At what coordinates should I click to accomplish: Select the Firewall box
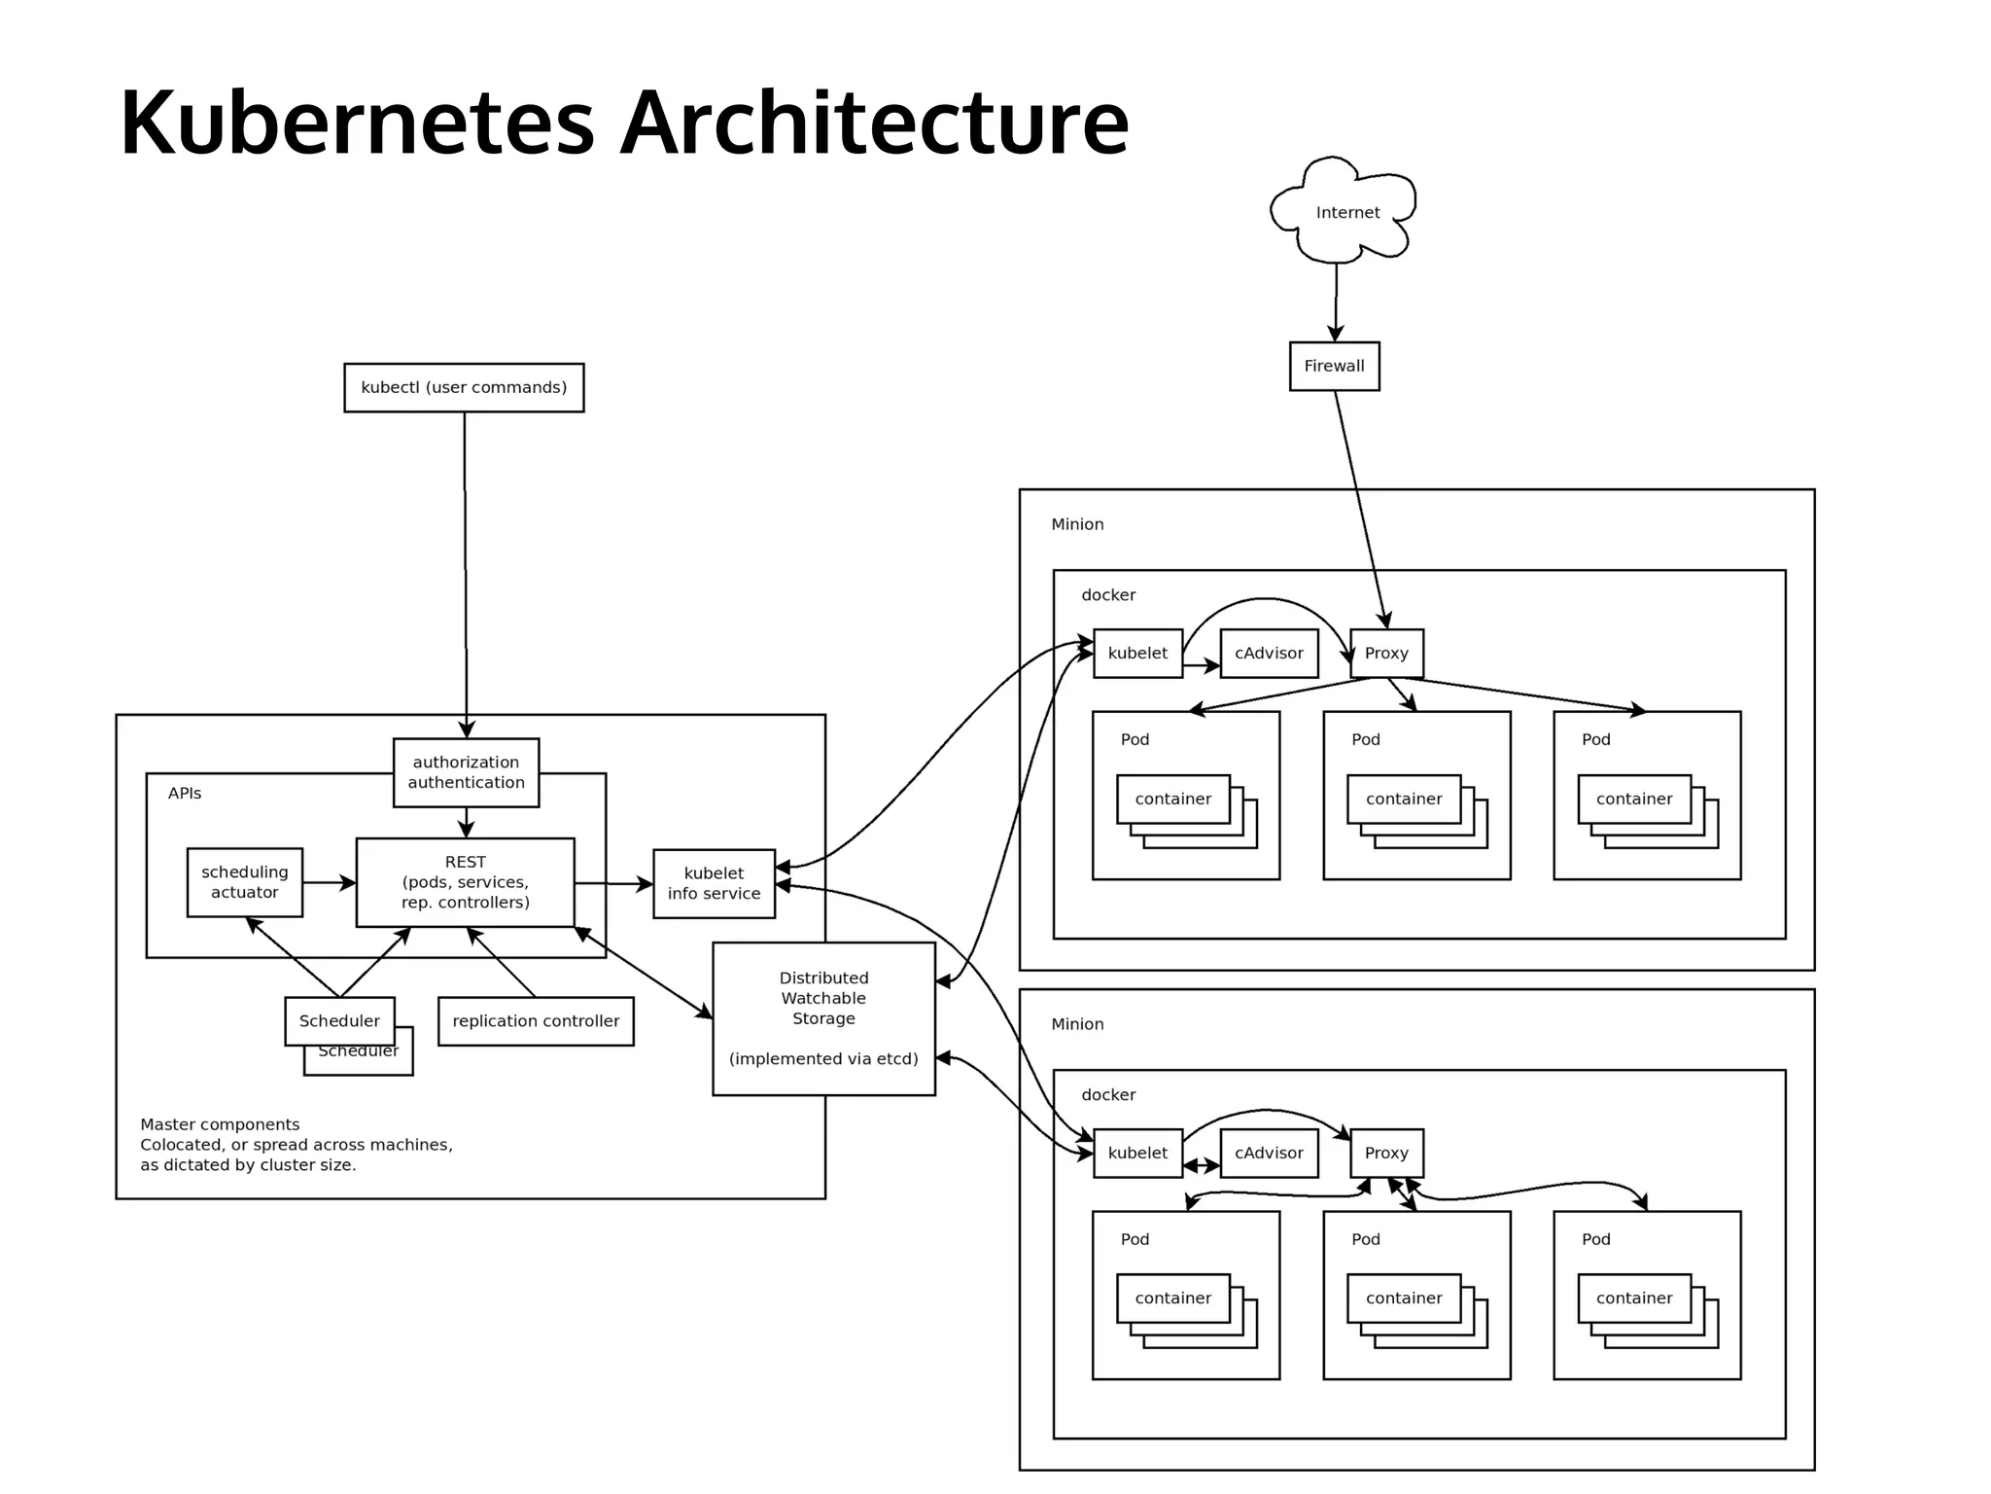coord(1334,366)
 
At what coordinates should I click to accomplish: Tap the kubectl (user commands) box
coord(464,387)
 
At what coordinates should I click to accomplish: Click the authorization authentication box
coord(466,772)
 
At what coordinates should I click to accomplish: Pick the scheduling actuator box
coord(244,882)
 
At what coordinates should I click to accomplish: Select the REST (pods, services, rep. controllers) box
coord(465,882)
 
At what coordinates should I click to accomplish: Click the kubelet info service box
coord(714,883)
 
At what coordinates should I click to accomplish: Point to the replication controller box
coord(536,1020)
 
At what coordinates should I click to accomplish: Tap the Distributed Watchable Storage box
coord(823,1017)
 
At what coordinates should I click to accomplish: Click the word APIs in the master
coord(185,794)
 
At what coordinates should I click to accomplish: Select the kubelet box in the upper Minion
coord(1137,653)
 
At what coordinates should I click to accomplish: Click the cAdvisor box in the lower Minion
coord(1269,1153)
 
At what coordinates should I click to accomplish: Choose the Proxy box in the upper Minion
coord(1386,653)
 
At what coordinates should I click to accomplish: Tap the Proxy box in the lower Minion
coord(1386,1153)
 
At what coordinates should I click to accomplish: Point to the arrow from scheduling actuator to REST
coord(329,883)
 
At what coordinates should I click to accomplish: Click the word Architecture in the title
coord(874,124)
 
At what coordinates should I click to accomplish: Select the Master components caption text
coord(296,1144)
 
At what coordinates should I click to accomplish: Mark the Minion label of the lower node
coord(1077,1024)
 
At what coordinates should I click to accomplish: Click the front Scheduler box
coord(339,1020)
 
